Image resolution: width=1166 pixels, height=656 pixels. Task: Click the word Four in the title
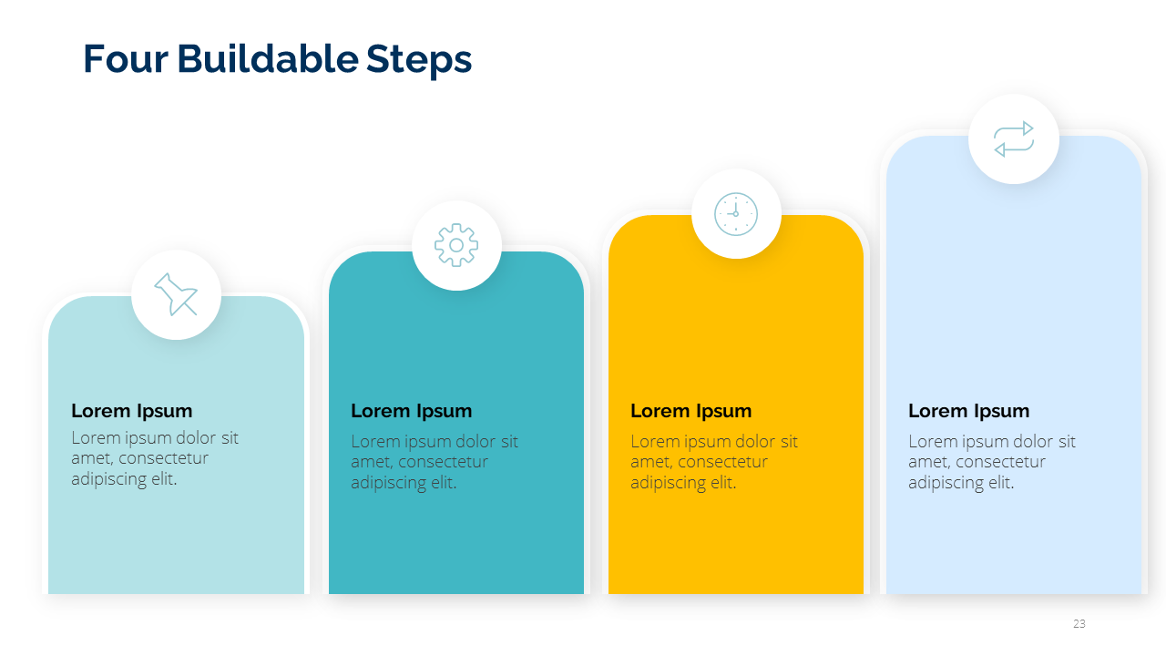tap(126, 59)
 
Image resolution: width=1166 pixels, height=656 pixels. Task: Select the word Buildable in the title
tap(268, 58)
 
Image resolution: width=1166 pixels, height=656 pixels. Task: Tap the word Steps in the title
tap(419, 61)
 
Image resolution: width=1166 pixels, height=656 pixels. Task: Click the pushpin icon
tap(176, 294)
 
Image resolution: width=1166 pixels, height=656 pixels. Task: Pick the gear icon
tap(456, 245)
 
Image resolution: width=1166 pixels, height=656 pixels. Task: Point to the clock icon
tap(735, 214)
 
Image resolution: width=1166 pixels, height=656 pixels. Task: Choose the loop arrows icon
tap(1014, 139)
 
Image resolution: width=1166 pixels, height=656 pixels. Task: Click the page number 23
tap(1079, 623)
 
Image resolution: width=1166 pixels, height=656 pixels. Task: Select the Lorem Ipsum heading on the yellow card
tap(690, 411)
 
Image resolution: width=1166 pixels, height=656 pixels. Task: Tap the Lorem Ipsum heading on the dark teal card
tap(411, 411)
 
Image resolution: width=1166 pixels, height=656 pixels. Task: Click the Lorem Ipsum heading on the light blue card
tap(968, 411)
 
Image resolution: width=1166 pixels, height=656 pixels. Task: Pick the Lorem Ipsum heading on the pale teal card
tap(132, 411)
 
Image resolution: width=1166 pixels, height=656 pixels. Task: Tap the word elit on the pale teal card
tap(164, 479)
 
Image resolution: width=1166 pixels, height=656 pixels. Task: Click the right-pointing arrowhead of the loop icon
tap(1028, 128)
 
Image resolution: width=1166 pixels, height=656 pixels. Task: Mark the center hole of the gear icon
tap(456, 245)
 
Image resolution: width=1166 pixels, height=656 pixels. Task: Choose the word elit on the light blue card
tap(1001, 483)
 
